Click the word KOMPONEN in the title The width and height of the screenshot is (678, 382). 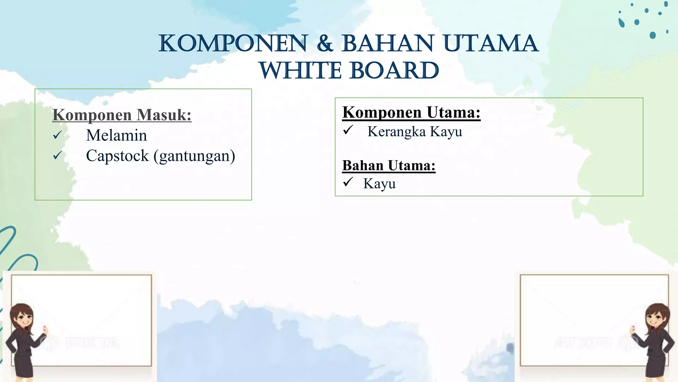click(233, 44)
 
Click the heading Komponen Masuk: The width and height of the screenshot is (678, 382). click(122, 115)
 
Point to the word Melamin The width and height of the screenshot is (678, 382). click(116, 135)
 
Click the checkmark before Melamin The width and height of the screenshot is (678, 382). click(57, 135)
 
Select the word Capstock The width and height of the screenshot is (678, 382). click(117, 156)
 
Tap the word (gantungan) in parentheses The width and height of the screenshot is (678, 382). click(194, 156)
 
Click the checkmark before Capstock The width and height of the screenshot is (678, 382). click(57, 155)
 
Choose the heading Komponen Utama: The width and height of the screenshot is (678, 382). click(411, 112)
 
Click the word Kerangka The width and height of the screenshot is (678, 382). click(396, 132)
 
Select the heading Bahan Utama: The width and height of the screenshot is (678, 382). click(389, 165)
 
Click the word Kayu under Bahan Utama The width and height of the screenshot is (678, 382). click(379, 184)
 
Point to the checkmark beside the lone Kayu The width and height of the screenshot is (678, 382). click(348, 182)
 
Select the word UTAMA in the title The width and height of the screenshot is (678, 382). click(491, 44)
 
